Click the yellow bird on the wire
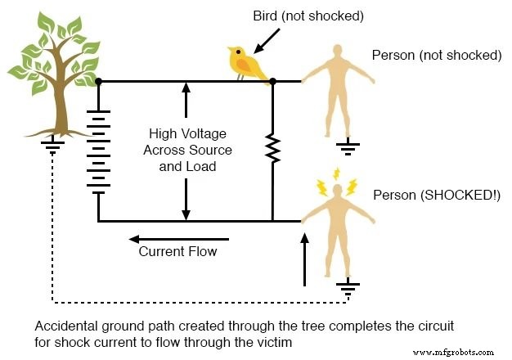coord(248,62)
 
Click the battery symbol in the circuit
coord(98,151)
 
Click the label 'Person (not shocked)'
coord(436,56)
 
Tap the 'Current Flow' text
coord(177,251)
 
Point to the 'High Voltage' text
coord(187,133)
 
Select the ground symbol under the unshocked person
coord(349,149)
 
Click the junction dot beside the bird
coord(273,82)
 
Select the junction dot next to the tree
coord(98,82)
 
